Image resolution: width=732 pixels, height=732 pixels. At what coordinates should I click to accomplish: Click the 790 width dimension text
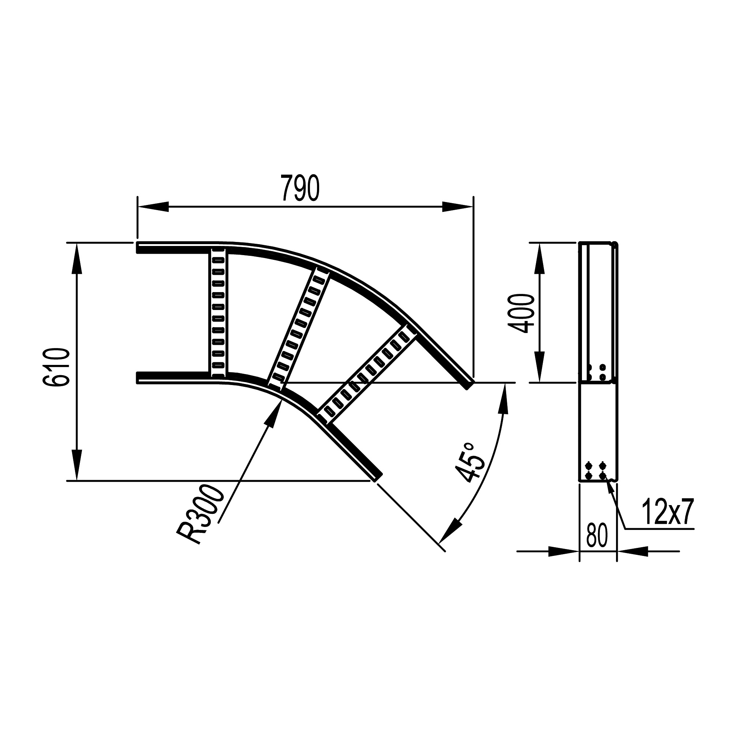click(x=301, y=188)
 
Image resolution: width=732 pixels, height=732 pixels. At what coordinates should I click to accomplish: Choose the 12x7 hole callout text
click(x=667, y=513)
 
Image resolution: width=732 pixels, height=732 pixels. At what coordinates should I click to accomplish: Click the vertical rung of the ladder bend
click(x=218, y=312)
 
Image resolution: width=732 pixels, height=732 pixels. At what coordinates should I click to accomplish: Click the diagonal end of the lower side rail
click(x=377, y=477)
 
